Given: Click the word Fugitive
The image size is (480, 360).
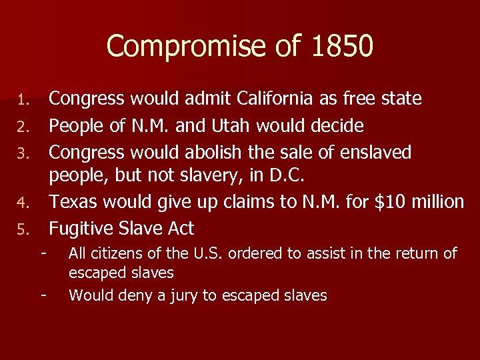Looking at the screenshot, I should pyautogui.click(x=83, y=229).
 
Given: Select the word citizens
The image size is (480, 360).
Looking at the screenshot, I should pyautogui.click(x=117, y=253).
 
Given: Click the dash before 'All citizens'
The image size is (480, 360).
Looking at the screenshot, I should pyautogui.click(x=44, y=253).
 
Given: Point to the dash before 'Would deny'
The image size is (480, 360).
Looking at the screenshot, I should pyautogui.click(x=44, y=295).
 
